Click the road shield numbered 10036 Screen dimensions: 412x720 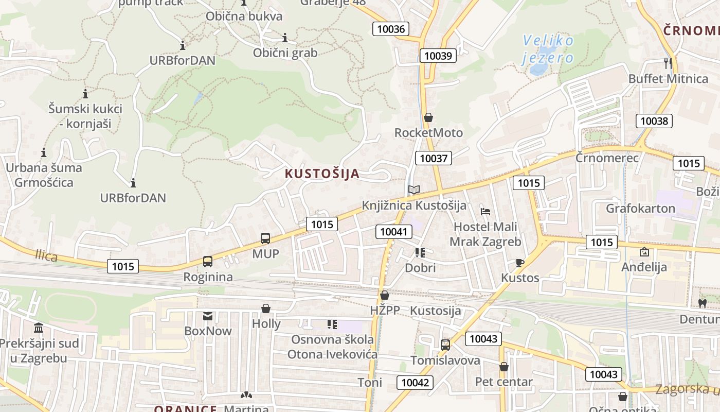coord(391,29)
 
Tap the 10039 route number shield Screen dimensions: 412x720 coord(438,55)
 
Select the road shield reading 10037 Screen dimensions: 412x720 coord(434,158)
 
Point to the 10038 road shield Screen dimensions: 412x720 coord(654,121)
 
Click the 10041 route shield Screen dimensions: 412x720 coord(394,232)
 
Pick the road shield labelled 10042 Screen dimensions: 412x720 coord(415,382)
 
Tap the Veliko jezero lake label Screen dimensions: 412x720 coord(548,48)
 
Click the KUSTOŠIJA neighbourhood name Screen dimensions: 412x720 coord(322,174)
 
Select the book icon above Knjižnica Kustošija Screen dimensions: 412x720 coord(414,190)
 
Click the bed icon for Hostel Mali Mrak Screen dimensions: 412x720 coord(485,211)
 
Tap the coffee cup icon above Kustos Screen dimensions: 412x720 coord(520,263)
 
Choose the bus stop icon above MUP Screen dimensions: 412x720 coord(265,238)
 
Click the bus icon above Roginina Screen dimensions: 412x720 coord(208,262)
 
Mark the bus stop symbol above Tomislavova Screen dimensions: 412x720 coord(445,345)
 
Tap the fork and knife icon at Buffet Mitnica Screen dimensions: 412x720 coord(668,63)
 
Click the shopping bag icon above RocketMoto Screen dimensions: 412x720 coord(428,117)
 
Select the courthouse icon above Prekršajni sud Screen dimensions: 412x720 coord(39,328)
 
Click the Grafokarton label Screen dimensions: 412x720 coord(640,209)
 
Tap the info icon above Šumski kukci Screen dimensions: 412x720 coord(85,94)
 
